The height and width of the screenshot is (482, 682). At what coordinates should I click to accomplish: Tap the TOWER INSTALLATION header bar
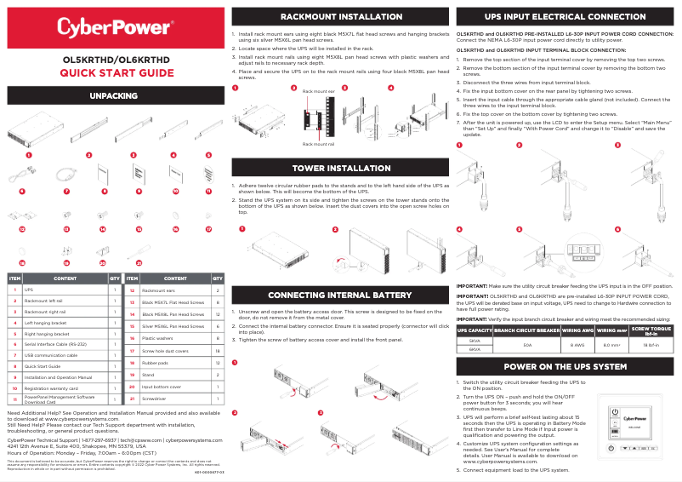coord(341,168)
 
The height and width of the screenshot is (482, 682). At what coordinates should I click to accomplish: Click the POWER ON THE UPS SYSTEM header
coord(565,366)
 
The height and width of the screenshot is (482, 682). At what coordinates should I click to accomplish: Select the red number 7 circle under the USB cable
coord(65,192)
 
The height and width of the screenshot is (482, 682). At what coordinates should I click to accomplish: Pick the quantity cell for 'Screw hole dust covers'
coord(218,351)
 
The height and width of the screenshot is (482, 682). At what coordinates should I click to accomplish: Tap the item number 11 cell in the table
coord(14,399)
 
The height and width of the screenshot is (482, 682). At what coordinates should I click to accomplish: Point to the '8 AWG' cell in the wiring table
coord(577,345)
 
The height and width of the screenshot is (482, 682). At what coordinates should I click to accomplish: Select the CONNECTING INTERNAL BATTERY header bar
coord(341,296)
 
